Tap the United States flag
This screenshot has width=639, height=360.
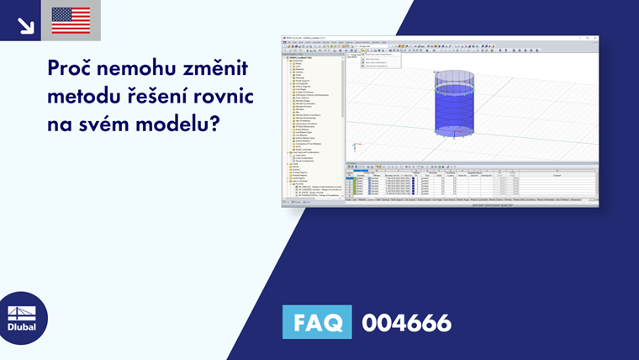pos(71,20)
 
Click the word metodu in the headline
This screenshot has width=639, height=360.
pos(82,97)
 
